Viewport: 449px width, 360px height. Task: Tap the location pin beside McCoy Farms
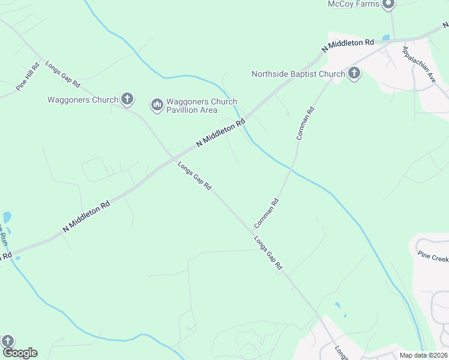pyautogui.click(x=388, y=4)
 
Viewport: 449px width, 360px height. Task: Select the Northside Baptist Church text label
pyautogui.click(x=298, y=74)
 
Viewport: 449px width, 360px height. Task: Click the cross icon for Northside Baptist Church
pyautogui.click(x=354, y=74)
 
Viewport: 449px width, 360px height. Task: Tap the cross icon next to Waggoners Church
pyautogui.click(x=127, y=99)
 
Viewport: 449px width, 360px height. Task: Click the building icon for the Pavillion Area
pyautogui.click(x=157, y=106)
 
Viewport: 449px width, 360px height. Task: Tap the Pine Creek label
pyautogui.click(x=433, y=257)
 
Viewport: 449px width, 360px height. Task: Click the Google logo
pyautogui.click(x=20, y=353)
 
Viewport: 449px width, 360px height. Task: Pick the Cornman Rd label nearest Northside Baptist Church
pyautogui.click(x=304, y=123)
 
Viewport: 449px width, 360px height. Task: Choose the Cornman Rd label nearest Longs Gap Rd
pyautogui.click(x=267, y=213)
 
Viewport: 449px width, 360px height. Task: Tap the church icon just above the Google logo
pyautogui.click(x=8, y=341)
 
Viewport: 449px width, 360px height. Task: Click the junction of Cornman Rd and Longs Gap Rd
pyautogui.click(x=251, y=231)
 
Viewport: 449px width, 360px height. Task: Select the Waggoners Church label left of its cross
pyautogui.click(x=83, y=100)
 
